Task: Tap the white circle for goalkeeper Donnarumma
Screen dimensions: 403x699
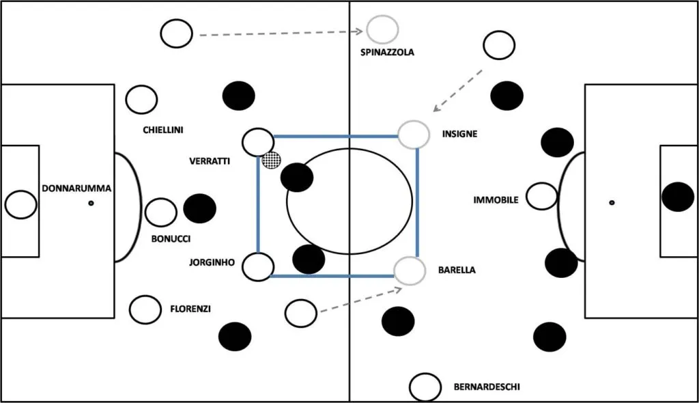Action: pos(20,204)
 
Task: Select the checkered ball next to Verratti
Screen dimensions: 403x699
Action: pos(271,161)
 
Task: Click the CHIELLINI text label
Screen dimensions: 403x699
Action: pos(163,130)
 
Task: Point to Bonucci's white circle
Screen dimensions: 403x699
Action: pos(161,212)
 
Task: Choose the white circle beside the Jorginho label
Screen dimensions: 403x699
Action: pos(258,266)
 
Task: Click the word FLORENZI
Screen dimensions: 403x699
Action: pos(190,309)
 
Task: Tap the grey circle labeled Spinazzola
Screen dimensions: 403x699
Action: pos(382,29)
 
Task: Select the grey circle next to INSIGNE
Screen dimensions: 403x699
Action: pos(413,135)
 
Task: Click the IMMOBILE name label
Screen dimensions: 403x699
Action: pos(496,200)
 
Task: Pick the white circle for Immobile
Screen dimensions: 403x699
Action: pos(542,197)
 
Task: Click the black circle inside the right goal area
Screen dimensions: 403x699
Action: pos(678,197)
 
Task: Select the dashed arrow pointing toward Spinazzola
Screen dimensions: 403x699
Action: pos(280,33)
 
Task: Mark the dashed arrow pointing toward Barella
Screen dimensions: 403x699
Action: pos(360,301)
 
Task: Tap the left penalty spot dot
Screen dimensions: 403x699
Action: pos(90,204)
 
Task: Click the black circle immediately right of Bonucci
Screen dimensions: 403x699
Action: pos(200,208)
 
